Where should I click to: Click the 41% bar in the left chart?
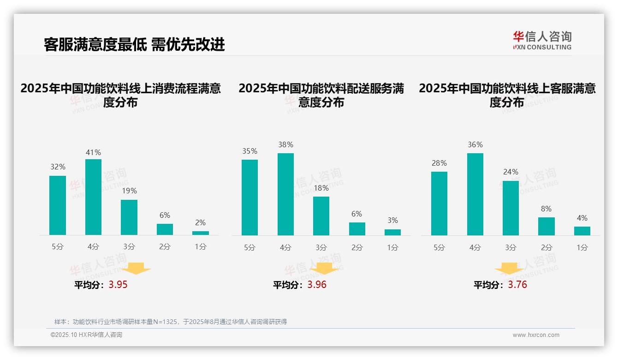pyautogui.click(x=93, y=197)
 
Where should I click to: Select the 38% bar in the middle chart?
pyautogui.click(x=285, y=194)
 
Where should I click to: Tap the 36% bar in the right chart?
pyautogui.click(x=475, y=194)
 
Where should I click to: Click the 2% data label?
pyautogui.click(x=200, y=222)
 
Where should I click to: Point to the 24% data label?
pyautogui.click(x=511, y=172)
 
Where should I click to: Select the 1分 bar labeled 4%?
pyautogui.click(x=582, y=231)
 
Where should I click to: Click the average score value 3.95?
pyautogui.click(x=118, y=285)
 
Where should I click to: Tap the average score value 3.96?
pyautogui.click(x=317, y=285)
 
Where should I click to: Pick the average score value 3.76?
pyautogui.click(x=517, y=285)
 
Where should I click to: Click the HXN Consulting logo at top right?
pyautogui.click(x=542, y=40)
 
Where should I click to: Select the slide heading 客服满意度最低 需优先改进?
pyautogui.click(x=134, y=44)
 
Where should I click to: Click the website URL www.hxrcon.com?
pyautogui.click(x=536, y=335)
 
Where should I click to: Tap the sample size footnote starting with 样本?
pyautogui.click(x=171, y=322)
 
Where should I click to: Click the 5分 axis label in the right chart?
pyautogui.click(x=439, y=247)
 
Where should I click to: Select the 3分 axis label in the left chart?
pyautogui.click(x=129, y=247)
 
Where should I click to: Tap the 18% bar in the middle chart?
pyautogui.click(x=321, y=216)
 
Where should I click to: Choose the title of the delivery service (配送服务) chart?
pyautogui.click(x=321, y=95)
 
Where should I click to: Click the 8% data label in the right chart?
pyautogui.click(x=546, y=209)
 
